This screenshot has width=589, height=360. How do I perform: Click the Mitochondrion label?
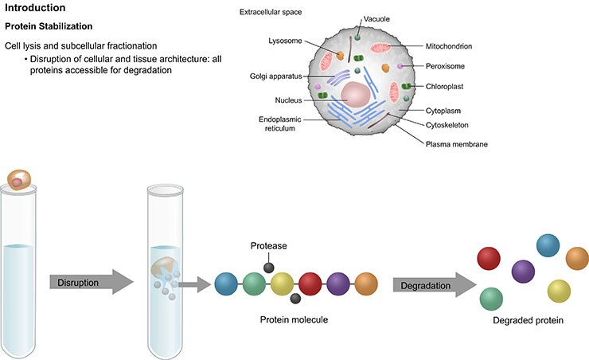click(449, 47)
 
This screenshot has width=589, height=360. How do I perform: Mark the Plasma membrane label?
click(455, 144)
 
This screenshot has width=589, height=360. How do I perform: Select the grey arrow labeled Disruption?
click(84, 281)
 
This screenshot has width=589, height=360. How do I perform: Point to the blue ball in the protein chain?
click(228, 284)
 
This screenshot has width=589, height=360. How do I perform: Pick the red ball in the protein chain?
click(311, 284)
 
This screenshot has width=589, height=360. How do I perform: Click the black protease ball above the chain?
click(270, 268)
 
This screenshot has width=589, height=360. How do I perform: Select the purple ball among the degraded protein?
click(524, 272)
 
